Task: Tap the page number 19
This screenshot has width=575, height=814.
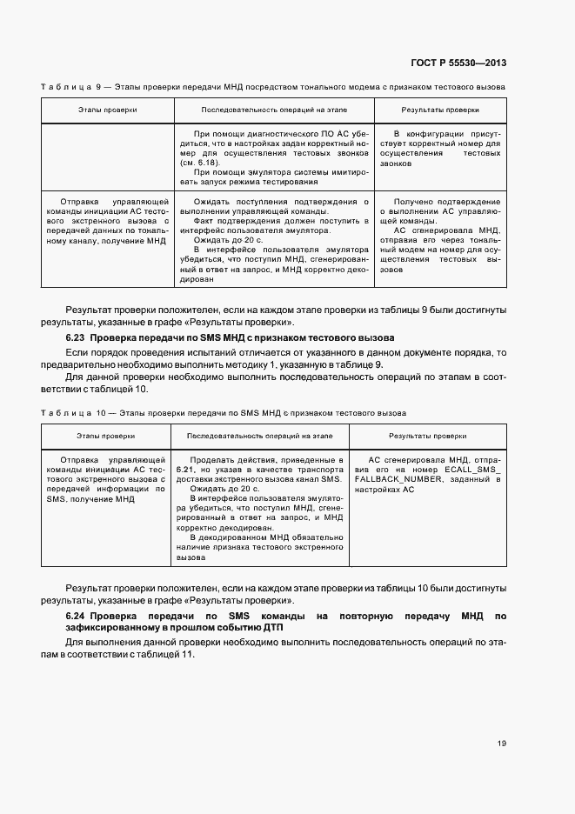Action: point(502,743)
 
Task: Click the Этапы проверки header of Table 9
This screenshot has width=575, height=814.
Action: point(108,110)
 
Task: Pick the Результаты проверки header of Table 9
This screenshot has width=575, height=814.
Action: point(439,110)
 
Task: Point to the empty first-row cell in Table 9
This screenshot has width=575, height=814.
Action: point(108,157)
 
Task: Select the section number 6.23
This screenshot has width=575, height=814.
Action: point(74,337)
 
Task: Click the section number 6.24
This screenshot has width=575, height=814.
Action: point(74,617)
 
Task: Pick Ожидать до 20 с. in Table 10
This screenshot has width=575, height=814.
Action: point(226,490)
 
